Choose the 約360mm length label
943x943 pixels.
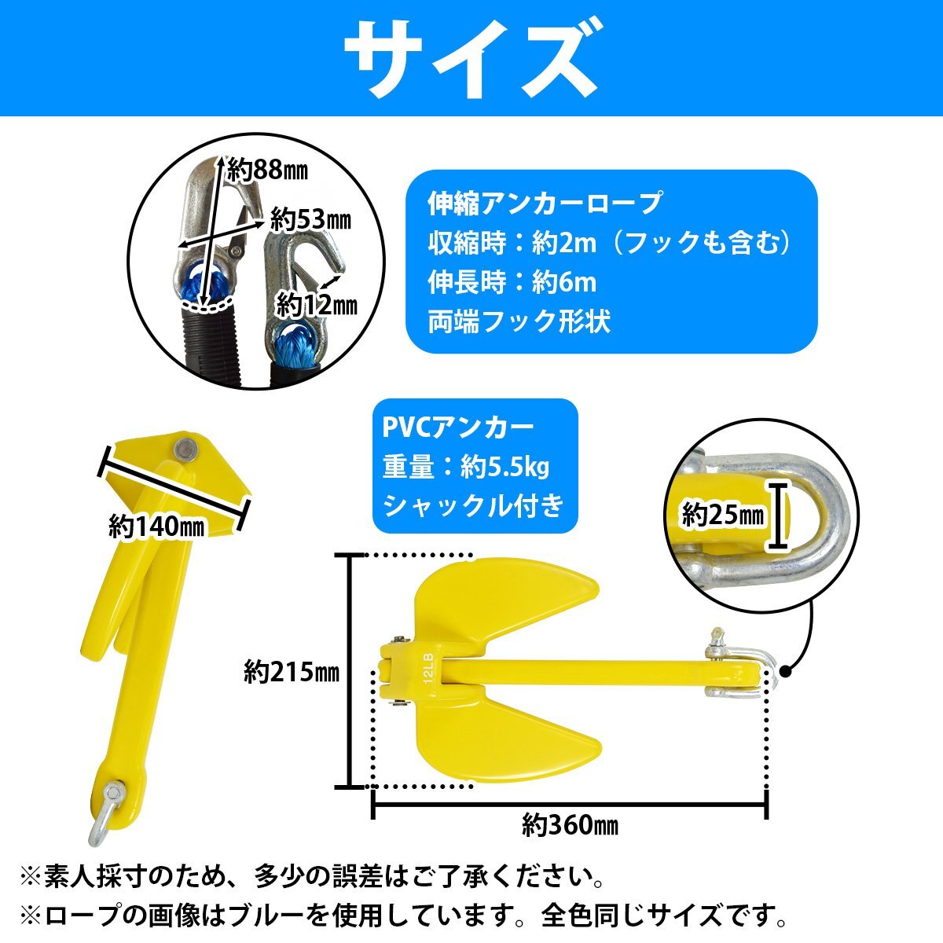[x=570, y=825]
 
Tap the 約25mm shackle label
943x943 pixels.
[x=722, y=516]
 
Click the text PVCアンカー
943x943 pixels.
[x=458, y=427]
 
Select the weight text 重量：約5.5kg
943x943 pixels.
[x=466, y=468]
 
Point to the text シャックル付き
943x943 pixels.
[x=473, y=506]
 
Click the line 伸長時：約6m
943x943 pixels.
[x=512, y=282]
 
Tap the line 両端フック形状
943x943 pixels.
[x=519, y=322]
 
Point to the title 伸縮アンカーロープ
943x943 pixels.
[x=544, y=204]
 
